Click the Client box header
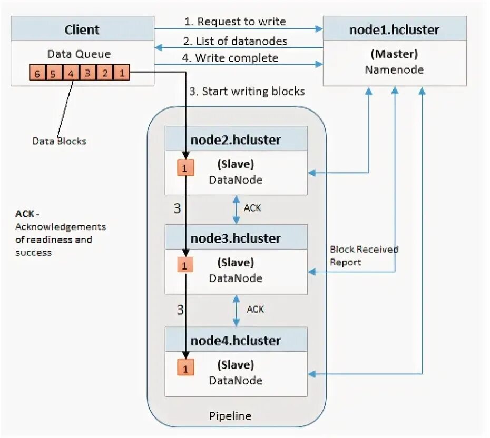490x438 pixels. [82, 29]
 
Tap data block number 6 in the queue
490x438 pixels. [37, 74]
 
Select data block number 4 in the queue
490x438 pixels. [71, 74]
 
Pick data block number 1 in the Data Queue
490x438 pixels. [122, 74]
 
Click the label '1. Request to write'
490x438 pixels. [235, 22]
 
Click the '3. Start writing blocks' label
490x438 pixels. [247, 91]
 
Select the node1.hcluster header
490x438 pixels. [394, 29]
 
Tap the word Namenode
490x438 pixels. [394, 69]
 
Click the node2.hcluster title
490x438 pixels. [236, 140]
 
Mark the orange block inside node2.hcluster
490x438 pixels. [185, 167]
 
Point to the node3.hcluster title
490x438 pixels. [236, 238]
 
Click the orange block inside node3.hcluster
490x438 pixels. [184, 265]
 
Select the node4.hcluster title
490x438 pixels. [236, 340]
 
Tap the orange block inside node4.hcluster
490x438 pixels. [185, 367]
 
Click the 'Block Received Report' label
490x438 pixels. [364, 255]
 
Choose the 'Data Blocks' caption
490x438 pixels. [59, 141]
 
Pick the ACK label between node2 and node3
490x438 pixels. [252, 208]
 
